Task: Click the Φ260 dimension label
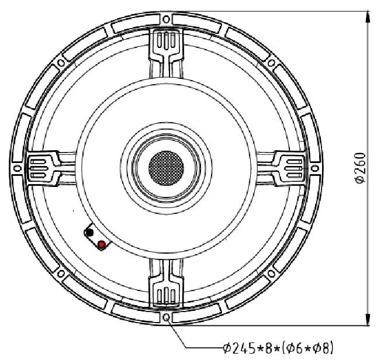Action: click(x=360, y=168)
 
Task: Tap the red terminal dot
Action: click(x=102, y=244)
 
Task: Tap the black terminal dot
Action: click(x=89, y=234)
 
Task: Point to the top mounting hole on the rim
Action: click(x=167, y=19)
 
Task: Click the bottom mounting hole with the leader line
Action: click(x=167, y=317)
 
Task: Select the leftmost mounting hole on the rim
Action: click(x=18, y=168)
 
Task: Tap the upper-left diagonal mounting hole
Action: click(x=62, y=63)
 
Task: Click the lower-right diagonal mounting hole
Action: click(x=272, y=274)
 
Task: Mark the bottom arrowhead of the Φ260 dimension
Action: click(x=368, y=320)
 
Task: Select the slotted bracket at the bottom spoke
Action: click(x=167, y=292)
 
